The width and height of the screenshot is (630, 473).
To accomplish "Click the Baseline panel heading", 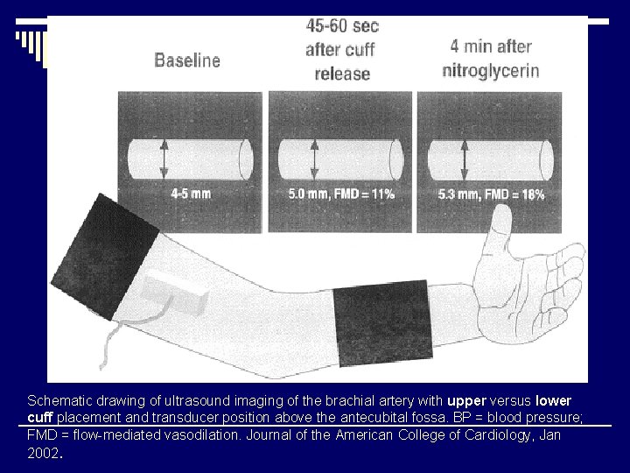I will coord(187,60).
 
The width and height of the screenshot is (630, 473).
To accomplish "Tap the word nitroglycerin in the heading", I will coord(490,70).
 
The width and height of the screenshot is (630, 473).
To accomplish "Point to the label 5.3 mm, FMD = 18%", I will coord(491,194).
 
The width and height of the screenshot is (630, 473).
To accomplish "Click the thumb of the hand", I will coord(502,229).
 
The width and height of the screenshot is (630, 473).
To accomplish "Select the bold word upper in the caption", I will coord(465,400).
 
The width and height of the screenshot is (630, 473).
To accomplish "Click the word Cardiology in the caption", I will coord(494,434).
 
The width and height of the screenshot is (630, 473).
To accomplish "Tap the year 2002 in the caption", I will coord(43,452).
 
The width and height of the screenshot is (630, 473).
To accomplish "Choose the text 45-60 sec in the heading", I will coord(342,26).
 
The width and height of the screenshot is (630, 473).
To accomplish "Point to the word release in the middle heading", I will coord(342,74).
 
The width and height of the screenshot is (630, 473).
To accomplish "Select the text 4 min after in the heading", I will coord(490,47).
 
